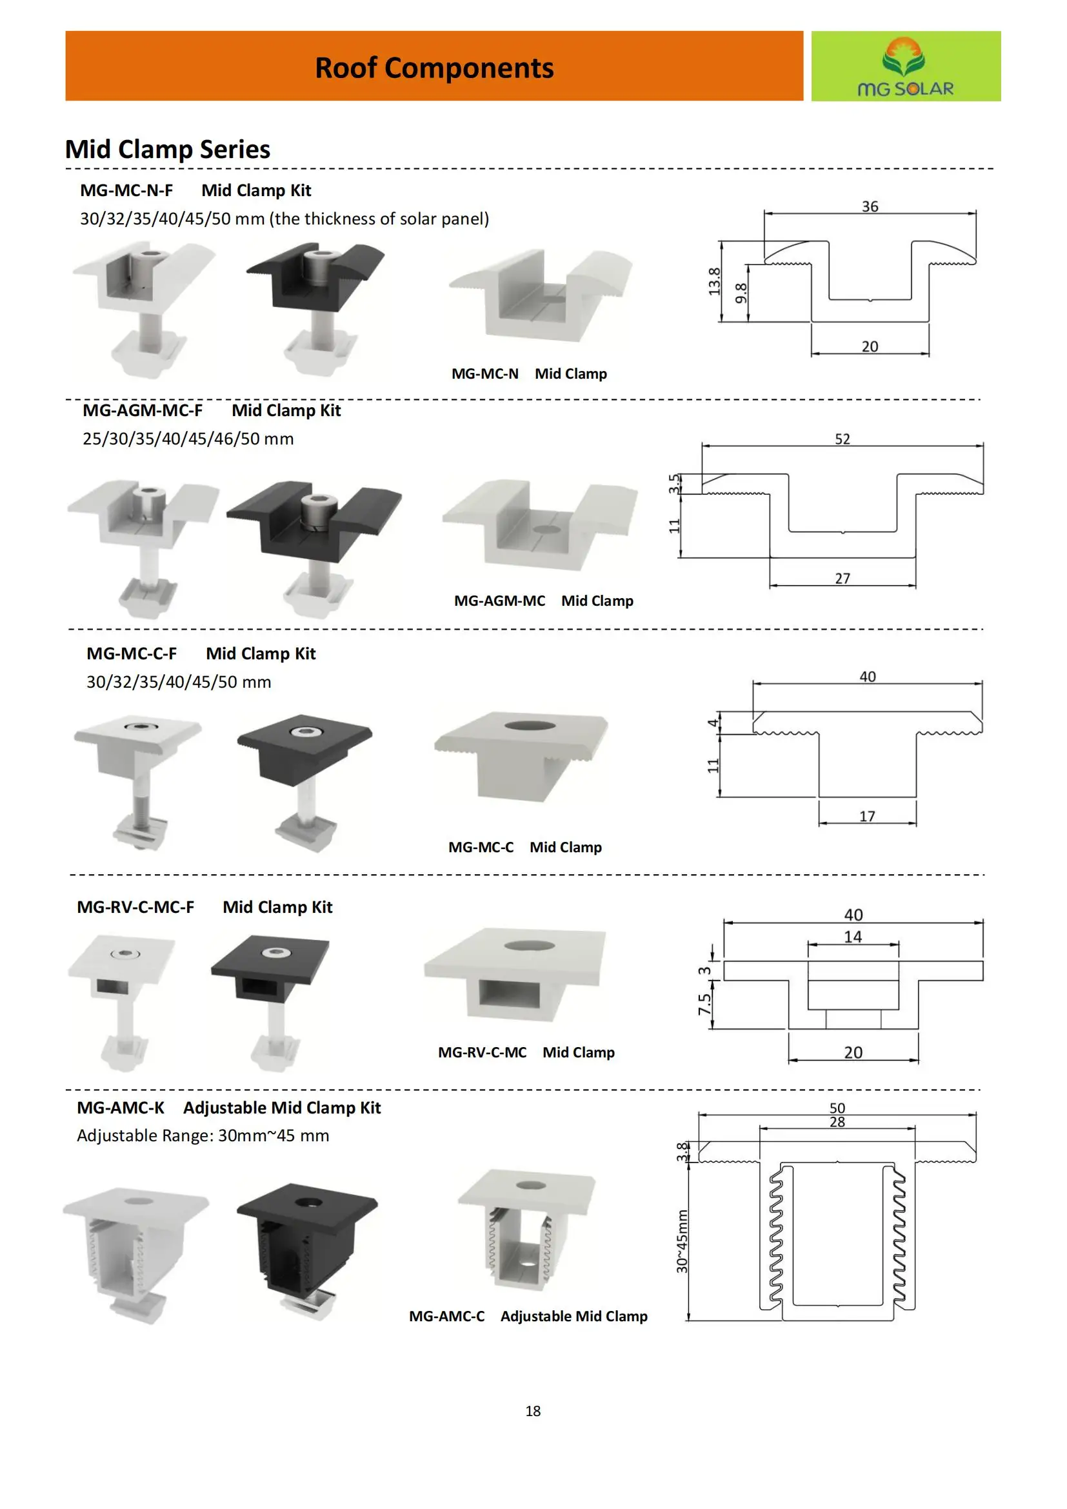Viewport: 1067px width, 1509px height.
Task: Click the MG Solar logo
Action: point(905,66)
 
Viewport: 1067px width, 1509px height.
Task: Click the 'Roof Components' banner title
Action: point(434,68)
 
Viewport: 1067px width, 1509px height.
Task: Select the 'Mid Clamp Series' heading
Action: point(168,149)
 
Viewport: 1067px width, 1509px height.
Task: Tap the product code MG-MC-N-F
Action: point(126,190)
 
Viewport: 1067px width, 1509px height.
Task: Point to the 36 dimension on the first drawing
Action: point(869,206)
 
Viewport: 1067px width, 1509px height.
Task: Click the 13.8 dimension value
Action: point(714,281)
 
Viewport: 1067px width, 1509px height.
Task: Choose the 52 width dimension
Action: point(842,439)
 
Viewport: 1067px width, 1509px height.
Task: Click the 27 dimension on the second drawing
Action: point(843,578)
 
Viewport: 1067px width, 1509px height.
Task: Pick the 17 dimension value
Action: point(866,816)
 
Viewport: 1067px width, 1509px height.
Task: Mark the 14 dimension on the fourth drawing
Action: point(852,937)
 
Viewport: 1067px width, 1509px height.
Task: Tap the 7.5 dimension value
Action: point(704,1004)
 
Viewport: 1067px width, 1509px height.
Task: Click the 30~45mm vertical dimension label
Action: point(682,1241)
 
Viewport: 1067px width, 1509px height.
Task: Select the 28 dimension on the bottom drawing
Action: point(837,1122)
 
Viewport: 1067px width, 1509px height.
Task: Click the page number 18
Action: point(533,1410)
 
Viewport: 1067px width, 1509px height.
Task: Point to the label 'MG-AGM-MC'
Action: point(499,601)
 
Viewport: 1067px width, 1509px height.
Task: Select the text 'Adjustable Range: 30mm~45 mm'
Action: point(203,1135)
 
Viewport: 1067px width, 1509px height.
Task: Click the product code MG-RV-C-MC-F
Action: point(135,907)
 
